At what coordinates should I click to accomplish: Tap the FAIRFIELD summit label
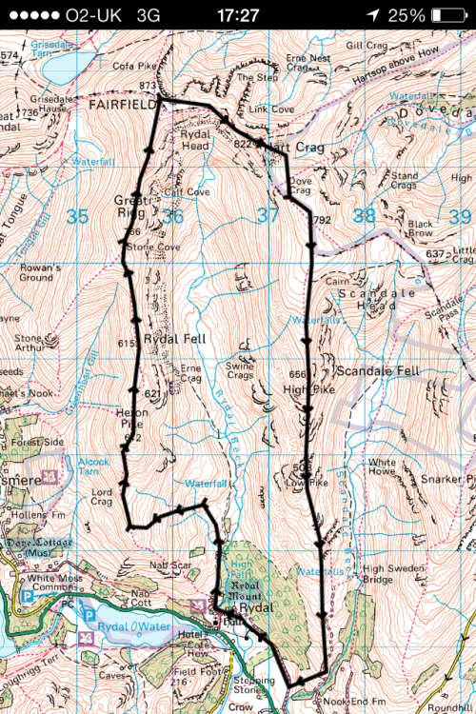pos(124,108)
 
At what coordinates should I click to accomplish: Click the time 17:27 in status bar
pos(237,15)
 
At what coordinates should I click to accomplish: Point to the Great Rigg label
pos(133,207)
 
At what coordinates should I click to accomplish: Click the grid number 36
pos(172,217)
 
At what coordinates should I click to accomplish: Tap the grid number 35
pos(77,217)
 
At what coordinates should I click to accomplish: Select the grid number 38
pos(364,216)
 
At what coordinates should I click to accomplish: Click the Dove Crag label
pos(299,185)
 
